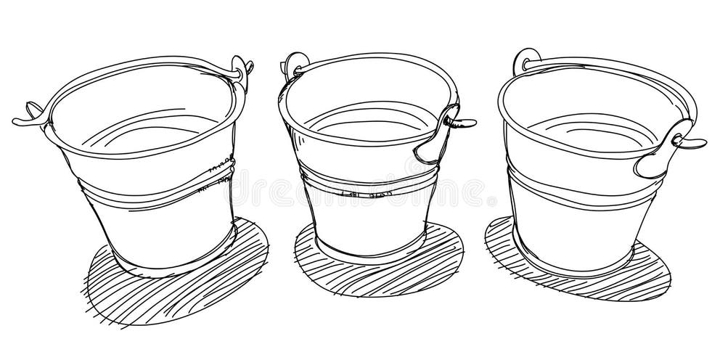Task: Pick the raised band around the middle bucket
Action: coord(363,176)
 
